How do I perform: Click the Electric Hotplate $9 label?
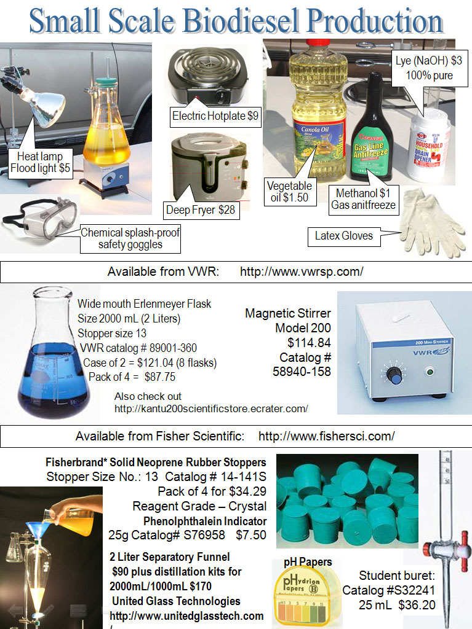(215, 116)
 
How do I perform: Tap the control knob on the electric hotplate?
(221, 96)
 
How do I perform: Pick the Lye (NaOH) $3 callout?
(429, 69)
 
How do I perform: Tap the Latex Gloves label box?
(344, 236)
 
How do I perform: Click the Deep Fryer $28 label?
(201, 210)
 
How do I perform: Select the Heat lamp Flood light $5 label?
(40, 162)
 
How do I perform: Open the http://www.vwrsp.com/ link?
(302, 272)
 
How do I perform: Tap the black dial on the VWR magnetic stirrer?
(394, 375)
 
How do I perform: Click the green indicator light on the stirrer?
(430, 372)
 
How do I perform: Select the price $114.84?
(309, 343)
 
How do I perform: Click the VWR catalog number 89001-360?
(138, 348)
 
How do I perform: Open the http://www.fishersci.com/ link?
(326, 437)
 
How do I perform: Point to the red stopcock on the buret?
(465, 544)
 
